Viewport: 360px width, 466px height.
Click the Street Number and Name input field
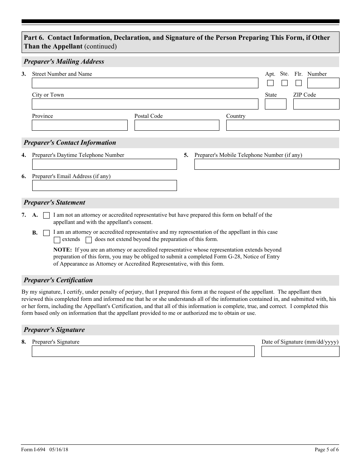pyautogui.click(x=145, y=83)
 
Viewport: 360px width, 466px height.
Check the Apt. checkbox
pyautogui.click(x=270, y=83)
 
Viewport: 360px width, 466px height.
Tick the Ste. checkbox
pyautogui.click(x=285, y=83)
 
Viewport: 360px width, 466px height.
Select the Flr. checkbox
pyautogui.click(x=299, y=83)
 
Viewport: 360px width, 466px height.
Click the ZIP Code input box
pyautogui.click(x=316, y=104)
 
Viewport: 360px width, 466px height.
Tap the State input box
pyautogui.click(x=275, y=104)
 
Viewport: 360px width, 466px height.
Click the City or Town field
pyautogui.click(x=145, y=104)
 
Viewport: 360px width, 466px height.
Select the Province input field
pyautogui.click(x=80, y=125)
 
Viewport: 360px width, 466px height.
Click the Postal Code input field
pyautogui.click(x=177, y=125)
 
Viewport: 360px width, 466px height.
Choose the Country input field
pyautogui.click(x=282, y=125)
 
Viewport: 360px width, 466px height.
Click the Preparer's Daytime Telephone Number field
pyautogui.click(x=104, y=164)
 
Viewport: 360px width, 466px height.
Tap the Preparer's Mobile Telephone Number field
pyautogui.click(x=266, y=164)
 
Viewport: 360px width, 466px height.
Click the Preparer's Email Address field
pyautogui.click(x=104, y=185)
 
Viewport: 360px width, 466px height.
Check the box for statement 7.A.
pyautogui.click(x=46, y=216)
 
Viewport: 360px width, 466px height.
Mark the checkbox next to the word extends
pyautogui.click(x=57, y=240)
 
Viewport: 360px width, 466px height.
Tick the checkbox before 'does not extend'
pyautogui.click(x=89, y=240)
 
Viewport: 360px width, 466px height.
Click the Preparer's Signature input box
pyautogui.click(x=143, y=351)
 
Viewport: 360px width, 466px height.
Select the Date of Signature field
pyautogui.click(x=300, y=351)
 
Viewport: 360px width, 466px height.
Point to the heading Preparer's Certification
pyautogui.click(x=58, y=280)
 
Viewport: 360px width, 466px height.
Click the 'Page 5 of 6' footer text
pyautogui.click(x=327, y=450)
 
